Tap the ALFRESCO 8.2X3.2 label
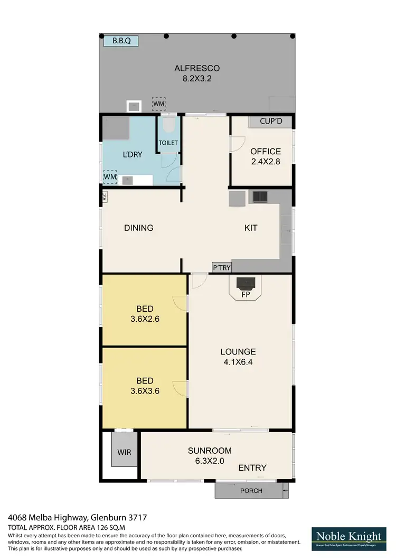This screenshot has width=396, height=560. point(197,73)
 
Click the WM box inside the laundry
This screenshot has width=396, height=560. point(110,176)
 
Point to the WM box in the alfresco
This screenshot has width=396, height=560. point(159,103)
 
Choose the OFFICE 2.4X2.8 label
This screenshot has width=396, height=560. point(265,156)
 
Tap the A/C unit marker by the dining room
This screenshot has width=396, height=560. point(104,196)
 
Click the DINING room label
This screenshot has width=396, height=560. point(139,228)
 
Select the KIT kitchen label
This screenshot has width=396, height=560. point(251,228)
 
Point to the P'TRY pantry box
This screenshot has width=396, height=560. point(222,268)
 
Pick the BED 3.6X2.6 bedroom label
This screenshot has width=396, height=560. point(145,314)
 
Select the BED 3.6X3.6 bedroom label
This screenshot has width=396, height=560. point(145,386)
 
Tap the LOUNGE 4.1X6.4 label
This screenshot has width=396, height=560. point(238,357)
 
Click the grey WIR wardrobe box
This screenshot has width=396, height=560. point(124,452)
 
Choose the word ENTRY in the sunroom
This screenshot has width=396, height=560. point(252,468)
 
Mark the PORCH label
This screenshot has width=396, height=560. point(251,491)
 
